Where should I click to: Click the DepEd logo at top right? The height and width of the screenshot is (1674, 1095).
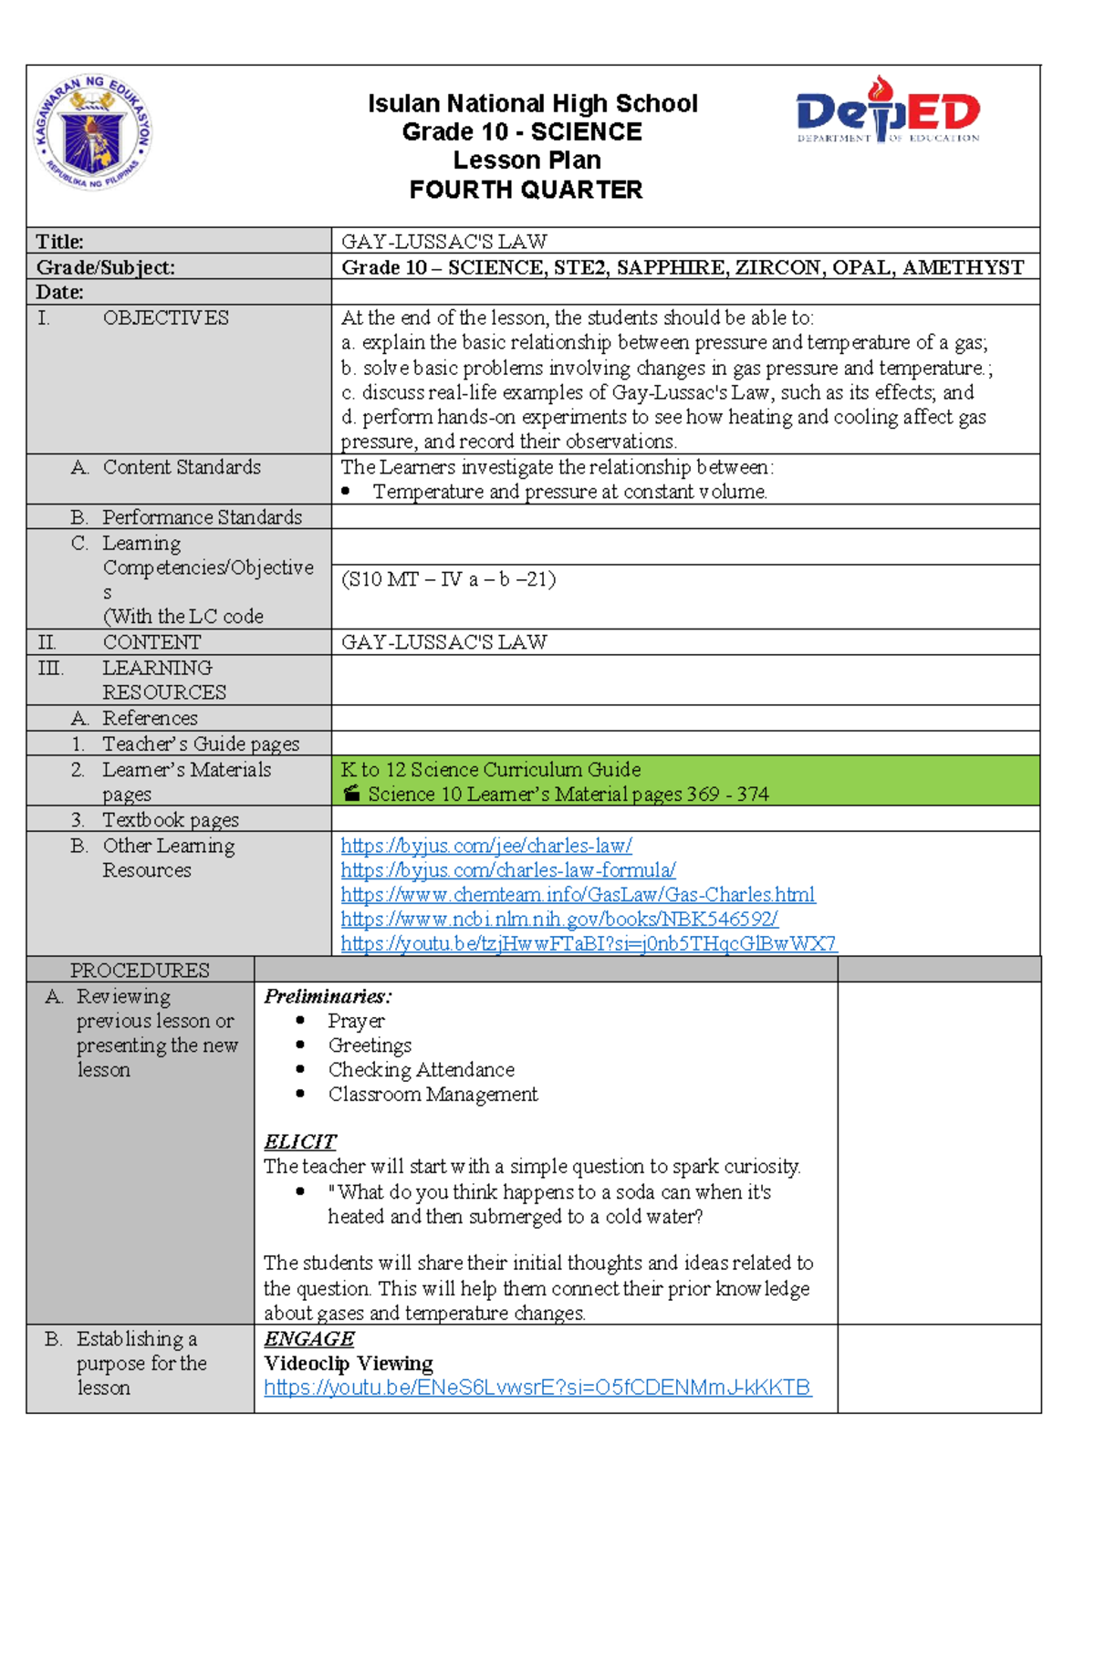coord(887,111)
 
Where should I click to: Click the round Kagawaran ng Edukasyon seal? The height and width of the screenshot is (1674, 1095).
coord(92,132)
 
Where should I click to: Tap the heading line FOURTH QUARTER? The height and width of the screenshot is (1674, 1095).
coord(526,190)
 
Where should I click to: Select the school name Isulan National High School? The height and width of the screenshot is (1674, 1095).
coord(532,104)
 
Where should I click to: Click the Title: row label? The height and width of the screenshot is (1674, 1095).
coord(59,242)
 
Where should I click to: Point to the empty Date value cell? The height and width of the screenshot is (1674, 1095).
coord(684,292)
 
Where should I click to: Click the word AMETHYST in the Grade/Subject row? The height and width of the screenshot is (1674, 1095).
coord(963,267)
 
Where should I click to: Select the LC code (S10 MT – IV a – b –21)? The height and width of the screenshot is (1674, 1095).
coord(448,579)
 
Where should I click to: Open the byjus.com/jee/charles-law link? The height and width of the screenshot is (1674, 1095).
coord(485,846)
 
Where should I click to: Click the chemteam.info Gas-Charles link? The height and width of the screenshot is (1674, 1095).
coord(578,895)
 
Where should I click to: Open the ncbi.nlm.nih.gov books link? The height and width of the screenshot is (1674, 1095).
coord(558,920)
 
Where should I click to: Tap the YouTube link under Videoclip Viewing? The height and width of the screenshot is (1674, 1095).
coord(537,1388)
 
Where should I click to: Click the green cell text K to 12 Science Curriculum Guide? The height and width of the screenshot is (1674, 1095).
coord(491,769)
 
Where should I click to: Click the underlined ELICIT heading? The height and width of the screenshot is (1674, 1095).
coord(299,1142)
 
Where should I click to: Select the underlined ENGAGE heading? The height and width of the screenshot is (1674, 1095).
coord(308,1338)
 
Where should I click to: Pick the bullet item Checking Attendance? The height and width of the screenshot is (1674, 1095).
coord(421,1069)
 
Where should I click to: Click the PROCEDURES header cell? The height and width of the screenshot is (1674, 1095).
coord(140,970)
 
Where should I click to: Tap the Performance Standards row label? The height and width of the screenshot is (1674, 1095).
coord(202,517)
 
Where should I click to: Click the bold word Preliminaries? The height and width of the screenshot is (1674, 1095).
coord(328,996)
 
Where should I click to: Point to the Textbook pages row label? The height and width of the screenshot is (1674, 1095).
coord(170,819)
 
